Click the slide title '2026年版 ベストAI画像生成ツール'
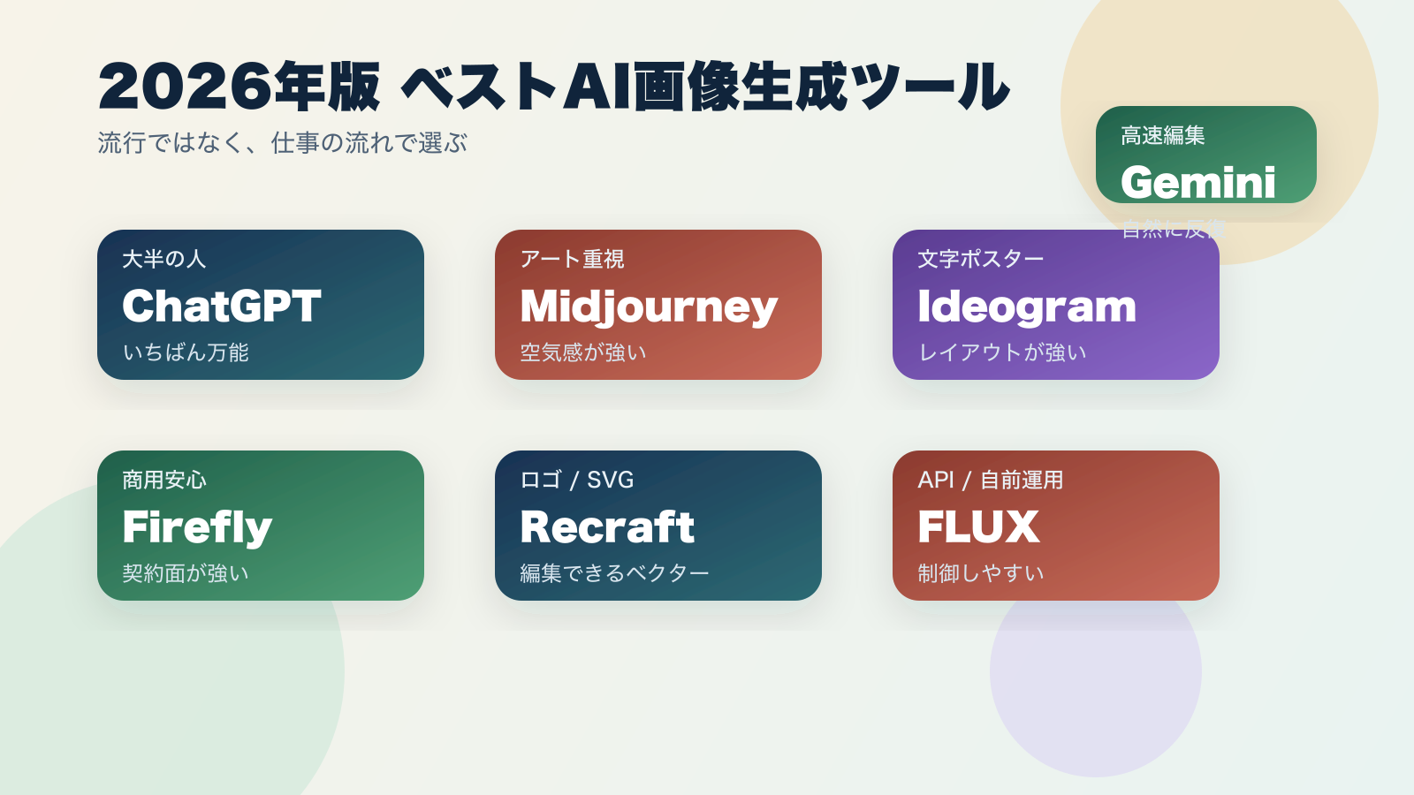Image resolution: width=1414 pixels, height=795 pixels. click(553, 87)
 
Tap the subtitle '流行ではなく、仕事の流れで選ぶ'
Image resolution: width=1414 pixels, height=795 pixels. click(282, 142)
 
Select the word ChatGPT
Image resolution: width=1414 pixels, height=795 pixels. click(221, 306)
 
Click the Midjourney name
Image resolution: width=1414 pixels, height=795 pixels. click(649, 307)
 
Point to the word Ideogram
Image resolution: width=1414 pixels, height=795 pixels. click(1026, 307)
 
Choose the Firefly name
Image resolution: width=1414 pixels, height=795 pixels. click(197, 527)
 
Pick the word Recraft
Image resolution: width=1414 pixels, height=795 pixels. click(607, 527)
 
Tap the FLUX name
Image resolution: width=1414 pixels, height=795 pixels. click(978, 527)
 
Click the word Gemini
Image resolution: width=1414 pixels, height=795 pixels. click(1197, 183)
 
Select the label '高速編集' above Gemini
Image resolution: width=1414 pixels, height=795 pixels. click(1162, 135)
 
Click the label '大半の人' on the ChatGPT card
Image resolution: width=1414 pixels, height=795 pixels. click(163, 259)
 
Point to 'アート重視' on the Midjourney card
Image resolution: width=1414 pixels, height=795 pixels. click(572, 259)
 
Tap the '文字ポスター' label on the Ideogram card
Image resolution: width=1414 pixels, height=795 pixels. click(980, 259)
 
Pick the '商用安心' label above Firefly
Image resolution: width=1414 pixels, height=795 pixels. click(163, 480)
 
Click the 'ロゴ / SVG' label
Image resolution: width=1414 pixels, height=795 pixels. click(576, 480)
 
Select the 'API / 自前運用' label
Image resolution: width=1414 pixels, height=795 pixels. click(990, 480)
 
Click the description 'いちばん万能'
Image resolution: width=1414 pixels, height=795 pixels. click(186, 352)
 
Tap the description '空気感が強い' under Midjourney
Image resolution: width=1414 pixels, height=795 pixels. click(583, 352)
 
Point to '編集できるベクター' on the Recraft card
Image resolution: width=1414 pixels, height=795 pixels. click(614, 573)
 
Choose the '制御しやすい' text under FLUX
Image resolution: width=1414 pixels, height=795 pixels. click(980, 573)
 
